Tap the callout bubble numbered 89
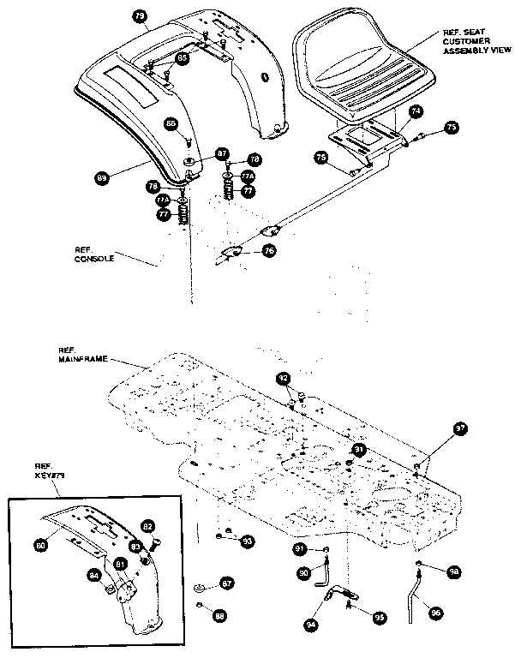[102, 178]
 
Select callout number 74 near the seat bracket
[415, 111]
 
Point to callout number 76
[269, 251]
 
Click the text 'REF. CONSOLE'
[93, 254]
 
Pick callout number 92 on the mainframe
[284, 378]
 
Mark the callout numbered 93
[247, 541]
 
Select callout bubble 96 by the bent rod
[436, 613]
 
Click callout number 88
[221, 614]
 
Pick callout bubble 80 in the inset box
[40, 542]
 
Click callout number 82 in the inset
[147, 525]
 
